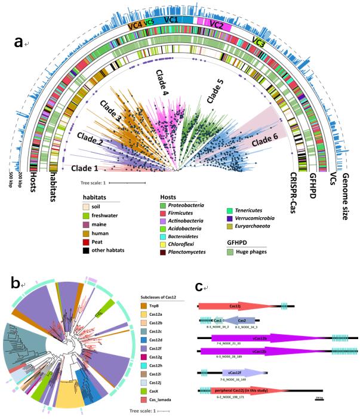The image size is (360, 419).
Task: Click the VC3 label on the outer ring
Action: pyautogui.click(x=258, y=42)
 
